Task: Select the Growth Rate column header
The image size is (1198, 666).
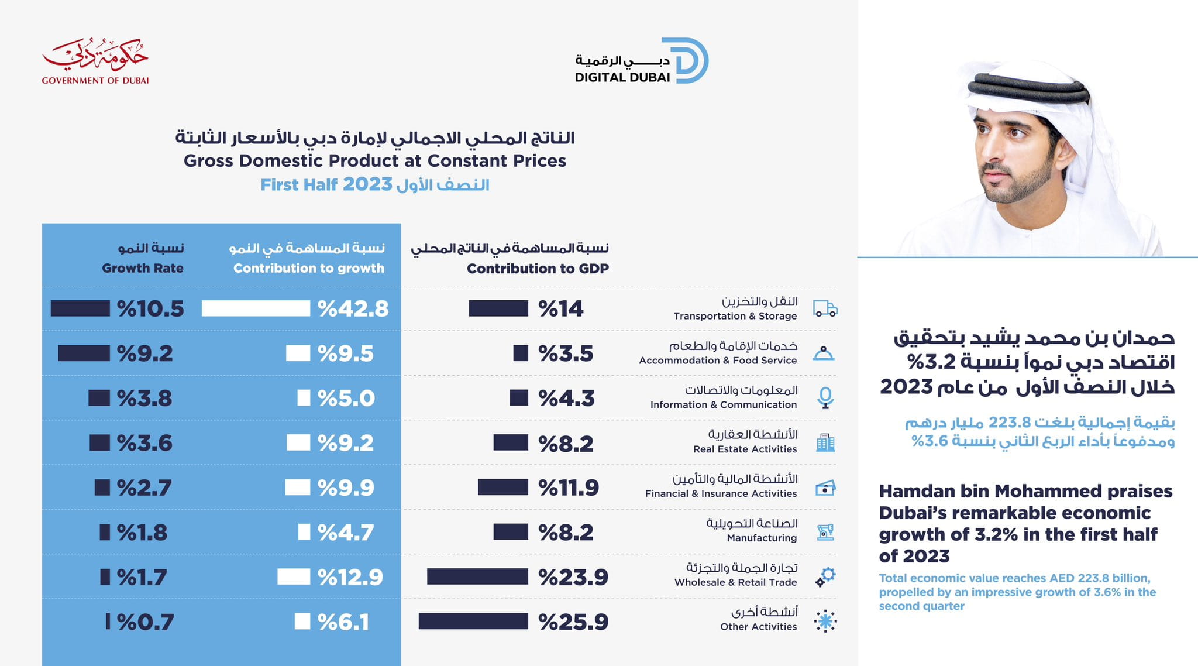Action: point(143,268)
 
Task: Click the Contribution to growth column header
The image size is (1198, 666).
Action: point(308,268)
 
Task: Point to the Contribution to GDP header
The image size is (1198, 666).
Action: point(538,269)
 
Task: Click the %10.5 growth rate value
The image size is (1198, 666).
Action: point(150,308)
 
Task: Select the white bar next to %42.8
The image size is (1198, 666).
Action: point(256,308)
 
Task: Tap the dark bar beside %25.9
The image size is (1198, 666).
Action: point(473,622)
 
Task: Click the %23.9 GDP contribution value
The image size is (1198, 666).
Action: point(573,577)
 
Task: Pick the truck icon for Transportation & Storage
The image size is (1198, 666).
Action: point(825,308)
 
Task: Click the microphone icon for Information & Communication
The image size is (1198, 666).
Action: point(825,398)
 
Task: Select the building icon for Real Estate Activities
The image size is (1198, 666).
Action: point(825,443)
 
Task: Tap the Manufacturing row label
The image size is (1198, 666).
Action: point(762,538)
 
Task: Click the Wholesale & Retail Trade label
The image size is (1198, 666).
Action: point(735,582)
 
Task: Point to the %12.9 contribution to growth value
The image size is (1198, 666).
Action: point(350,577)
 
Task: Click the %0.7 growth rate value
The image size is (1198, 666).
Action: point(145,622)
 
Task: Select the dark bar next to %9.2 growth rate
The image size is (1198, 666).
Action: point(84,353)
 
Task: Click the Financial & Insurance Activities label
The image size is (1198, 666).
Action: point(721,493)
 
